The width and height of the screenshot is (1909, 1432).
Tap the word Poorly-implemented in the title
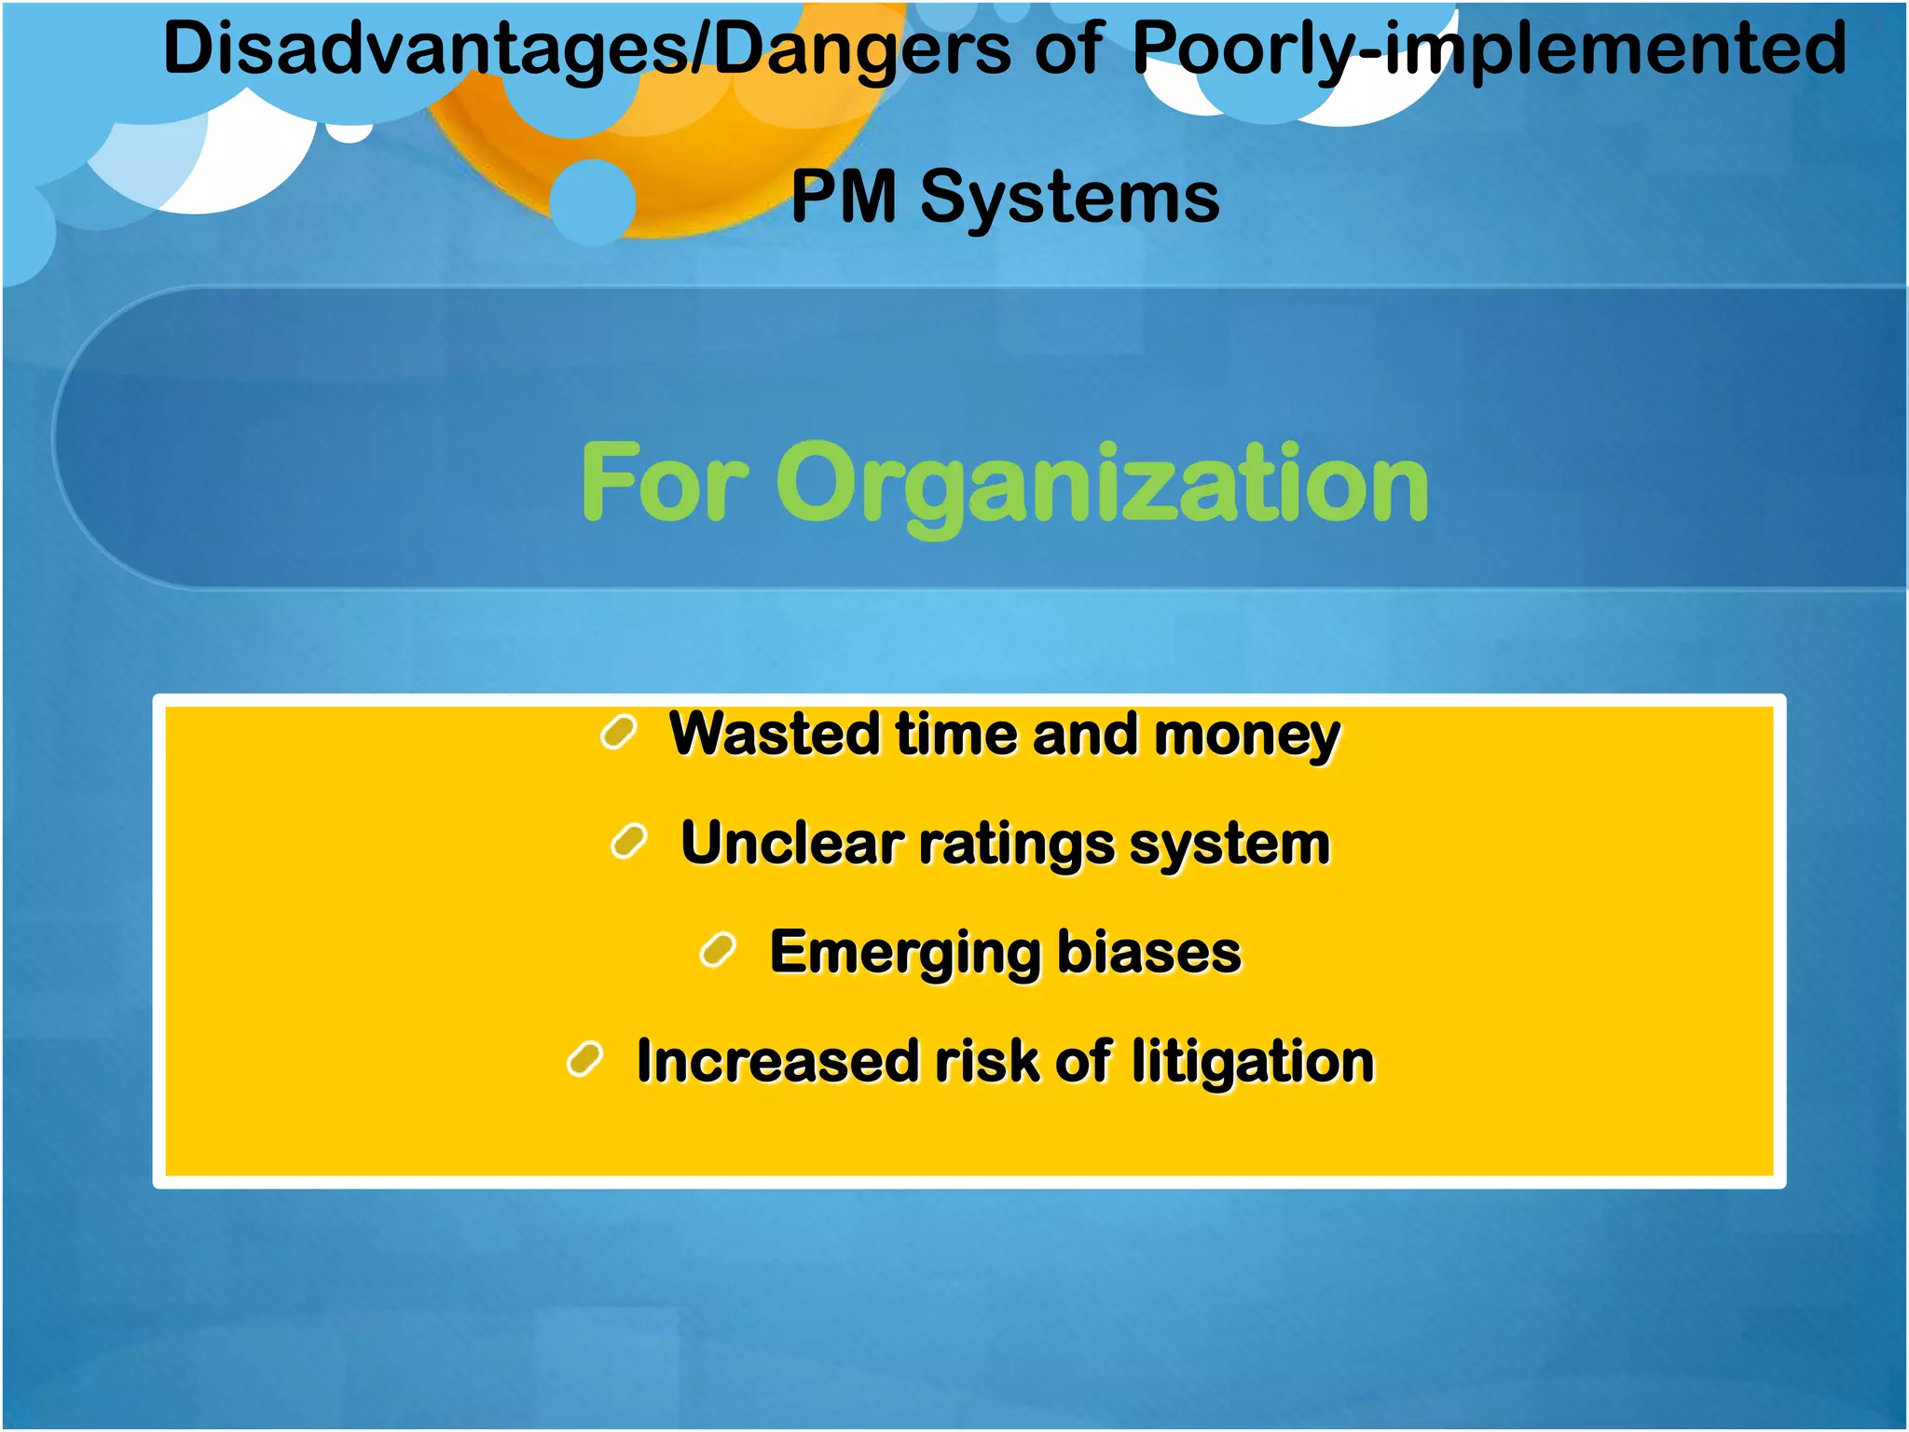pos(1489,48)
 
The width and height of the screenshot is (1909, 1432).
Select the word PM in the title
pos(844,197)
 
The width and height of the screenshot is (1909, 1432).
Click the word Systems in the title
pos(1070,197)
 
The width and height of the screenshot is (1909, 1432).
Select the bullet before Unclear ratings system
pos(629,842)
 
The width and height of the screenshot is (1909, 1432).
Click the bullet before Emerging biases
pos(718,951)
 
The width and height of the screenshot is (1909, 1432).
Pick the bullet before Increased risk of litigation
pos(585,1059)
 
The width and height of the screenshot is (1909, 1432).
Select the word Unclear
pos(791,843)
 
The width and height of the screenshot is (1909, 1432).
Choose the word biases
pos(1149,952)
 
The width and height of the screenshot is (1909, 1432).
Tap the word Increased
pos(776,1061)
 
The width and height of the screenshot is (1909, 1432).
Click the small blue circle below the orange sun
pos(592,201)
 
